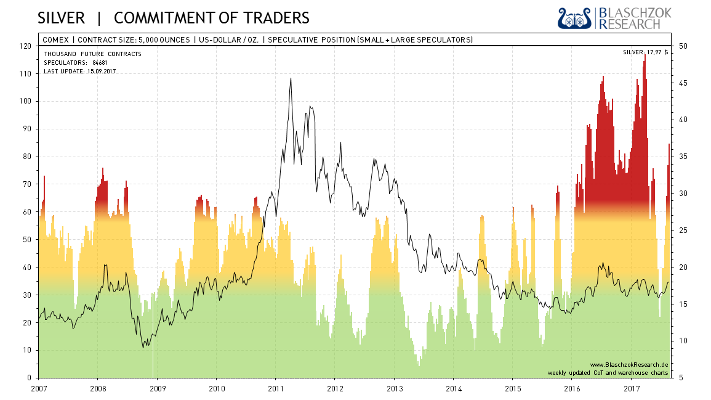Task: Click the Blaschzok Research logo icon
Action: point(574,18)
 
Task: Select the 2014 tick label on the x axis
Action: point(453,388)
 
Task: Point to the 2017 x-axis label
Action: point(632,388)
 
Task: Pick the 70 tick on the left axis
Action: point(26,184)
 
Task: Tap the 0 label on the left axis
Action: point(29,378)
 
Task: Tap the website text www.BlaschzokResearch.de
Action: point(629,365)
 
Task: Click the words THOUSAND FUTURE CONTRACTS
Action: point(92,54)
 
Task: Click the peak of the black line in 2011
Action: point(291,78)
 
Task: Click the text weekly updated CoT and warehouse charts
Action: point(608,373)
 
